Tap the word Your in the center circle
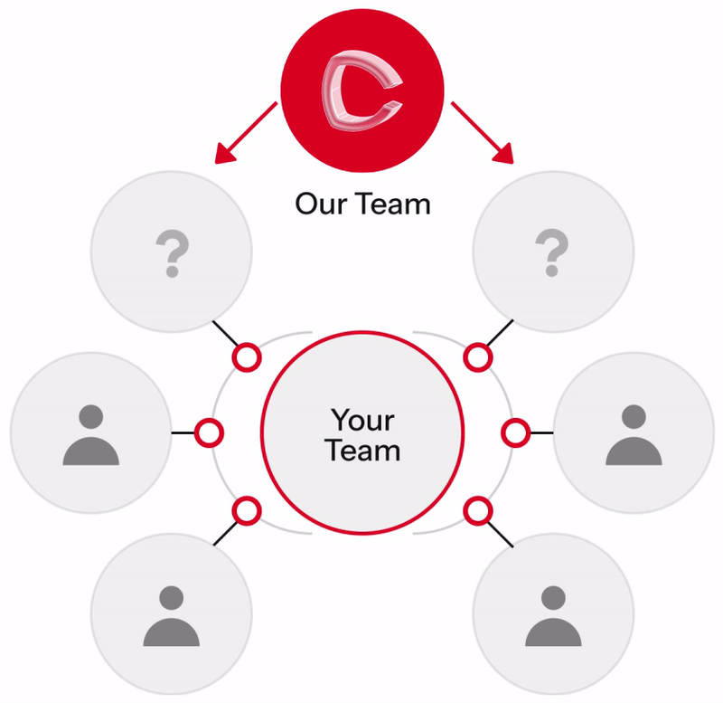(362, 420)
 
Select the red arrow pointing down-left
(246, 132)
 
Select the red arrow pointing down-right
(479, 132)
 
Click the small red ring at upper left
(246, 356)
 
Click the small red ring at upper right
(478, 356)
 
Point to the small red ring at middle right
(515, 432)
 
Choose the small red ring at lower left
(246, 511)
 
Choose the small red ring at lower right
(478, 511)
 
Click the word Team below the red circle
(390, 203)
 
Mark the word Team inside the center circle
(362, 450)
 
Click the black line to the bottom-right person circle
(501, 535)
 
